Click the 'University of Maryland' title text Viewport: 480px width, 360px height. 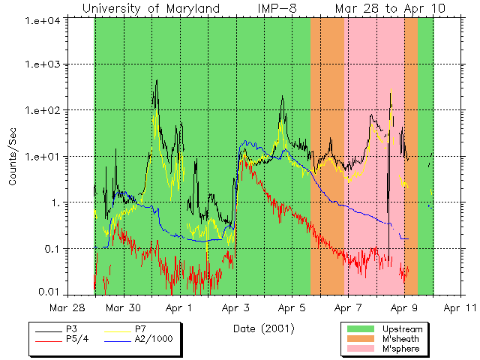[x=151, y=8]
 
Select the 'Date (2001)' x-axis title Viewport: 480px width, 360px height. [x=263, y=328]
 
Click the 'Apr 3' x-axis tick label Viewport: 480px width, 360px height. [x=235, y=307]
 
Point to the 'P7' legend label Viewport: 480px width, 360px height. [x=140, y=329]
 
